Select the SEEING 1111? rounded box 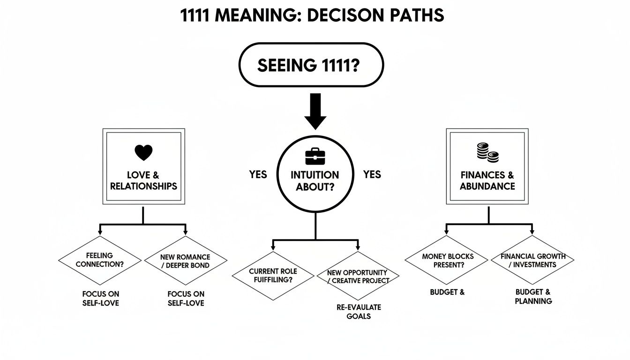[x=311, y=65]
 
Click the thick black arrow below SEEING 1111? [x=315, y=111]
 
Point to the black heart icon [x=143, y=152]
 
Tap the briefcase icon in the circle [x=315, y=156]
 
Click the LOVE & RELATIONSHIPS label [x=143, y=180]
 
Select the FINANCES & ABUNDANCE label [x=487, y=180]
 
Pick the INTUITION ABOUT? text [x=315, y=180]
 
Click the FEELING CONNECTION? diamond [x=100, y=260]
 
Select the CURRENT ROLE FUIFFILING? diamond [x=273, y=276]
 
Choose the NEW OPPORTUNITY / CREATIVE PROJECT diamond [x=359, y=276]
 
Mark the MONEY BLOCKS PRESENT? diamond [x=447, y=261]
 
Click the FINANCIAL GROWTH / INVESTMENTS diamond [x=533, y=260]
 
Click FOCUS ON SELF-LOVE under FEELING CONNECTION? [x=100, y=298]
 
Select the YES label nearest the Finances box [x=372, y=175]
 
